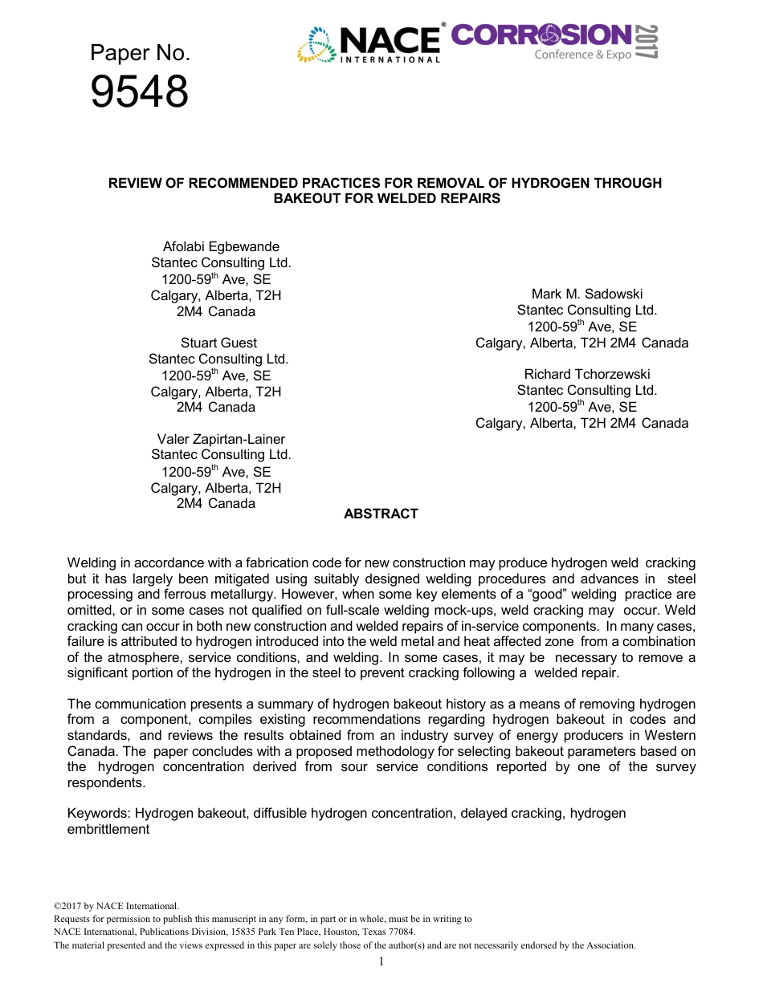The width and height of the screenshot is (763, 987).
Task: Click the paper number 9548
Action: coord(139,92)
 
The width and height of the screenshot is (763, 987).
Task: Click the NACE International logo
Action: coord(369,43)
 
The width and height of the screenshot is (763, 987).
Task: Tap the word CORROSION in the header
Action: coord(541,35)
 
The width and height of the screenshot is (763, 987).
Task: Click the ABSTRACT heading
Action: coord(381,514)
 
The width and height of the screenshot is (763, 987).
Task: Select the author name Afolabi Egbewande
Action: coord(221,246)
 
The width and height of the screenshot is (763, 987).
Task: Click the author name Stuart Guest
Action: coord(218,343)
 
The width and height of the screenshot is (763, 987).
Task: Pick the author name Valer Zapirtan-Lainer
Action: coord(221,439)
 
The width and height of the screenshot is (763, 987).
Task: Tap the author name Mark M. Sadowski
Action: coord(587,294)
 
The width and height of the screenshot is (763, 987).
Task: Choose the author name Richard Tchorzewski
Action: coord(587,374)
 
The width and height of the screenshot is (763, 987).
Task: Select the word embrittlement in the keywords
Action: coord(108,829)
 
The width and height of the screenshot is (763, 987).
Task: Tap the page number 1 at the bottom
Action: coord(381,961)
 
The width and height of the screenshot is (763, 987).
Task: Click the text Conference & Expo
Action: coord(583,55)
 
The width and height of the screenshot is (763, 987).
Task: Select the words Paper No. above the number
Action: coord(140,53)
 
